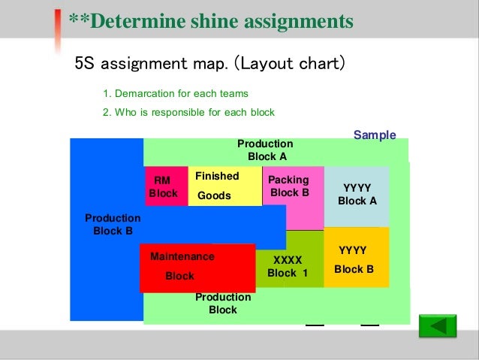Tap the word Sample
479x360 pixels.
[x=374, y=135]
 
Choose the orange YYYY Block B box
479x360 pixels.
[x=356, y=258]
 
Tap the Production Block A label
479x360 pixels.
[x=265, y=150]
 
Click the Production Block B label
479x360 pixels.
[x=113, y=224]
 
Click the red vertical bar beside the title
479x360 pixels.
[x=58, y=29]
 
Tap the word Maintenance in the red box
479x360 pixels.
[x=182, y=256]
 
